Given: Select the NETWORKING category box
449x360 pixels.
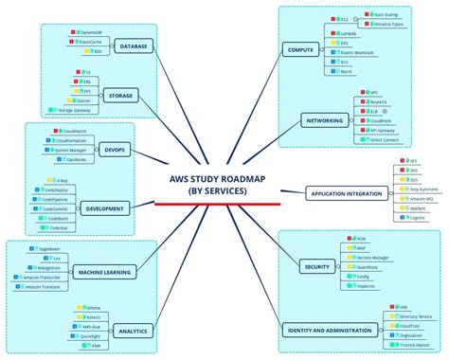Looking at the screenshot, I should (x=322, y=120).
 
